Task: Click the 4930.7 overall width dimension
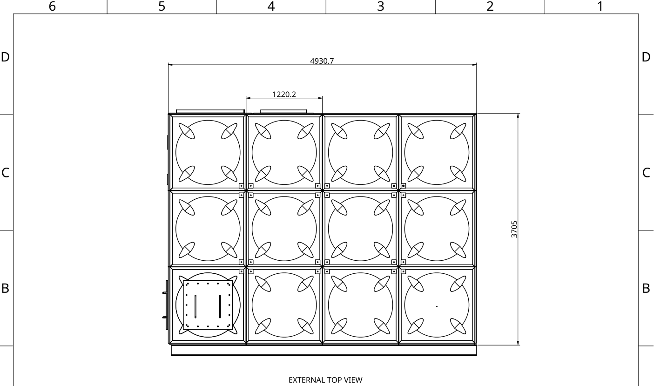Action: click(322, 61)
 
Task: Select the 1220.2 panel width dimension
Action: click(284, 95)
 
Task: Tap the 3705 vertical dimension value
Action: click(514, 229)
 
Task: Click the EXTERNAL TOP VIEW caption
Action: click(325, 380)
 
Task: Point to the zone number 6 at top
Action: click(52, 7)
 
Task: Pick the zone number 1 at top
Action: click(600, 7)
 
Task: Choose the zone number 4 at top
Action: click(271, 7)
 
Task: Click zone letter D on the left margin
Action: click(5, 57)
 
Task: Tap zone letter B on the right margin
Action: click(646, 288)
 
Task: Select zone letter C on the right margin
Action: click(646, 173)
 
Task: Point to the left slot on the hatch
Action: click(196, 306)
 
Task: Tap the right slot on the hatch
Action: click(220, 306)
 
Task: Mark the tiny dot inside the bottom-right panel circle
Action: click(437, 306)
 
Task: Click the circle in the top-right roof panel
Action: click(437, 120)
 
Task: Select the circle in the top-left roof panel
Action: click(208, 120)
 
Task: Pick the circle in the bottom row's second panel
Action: click(284, 273)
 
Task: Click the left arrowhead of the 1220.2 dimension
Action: click(248, 98)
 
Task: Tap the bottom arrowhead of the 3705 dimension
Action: click(518, 343)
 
